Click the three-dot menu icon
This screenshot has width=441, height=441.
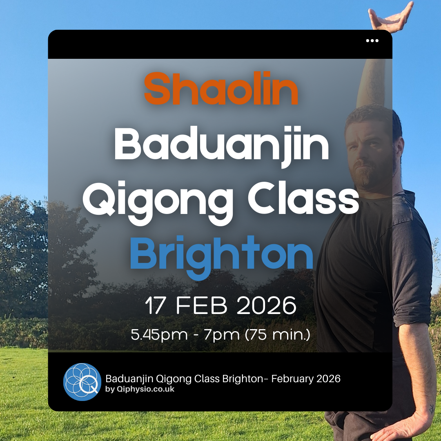coord(372,40)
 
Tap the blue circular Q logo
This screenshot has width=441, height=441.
coord(82,382)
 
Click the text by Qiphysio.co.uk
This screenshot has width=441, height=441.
coord(140,389)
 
